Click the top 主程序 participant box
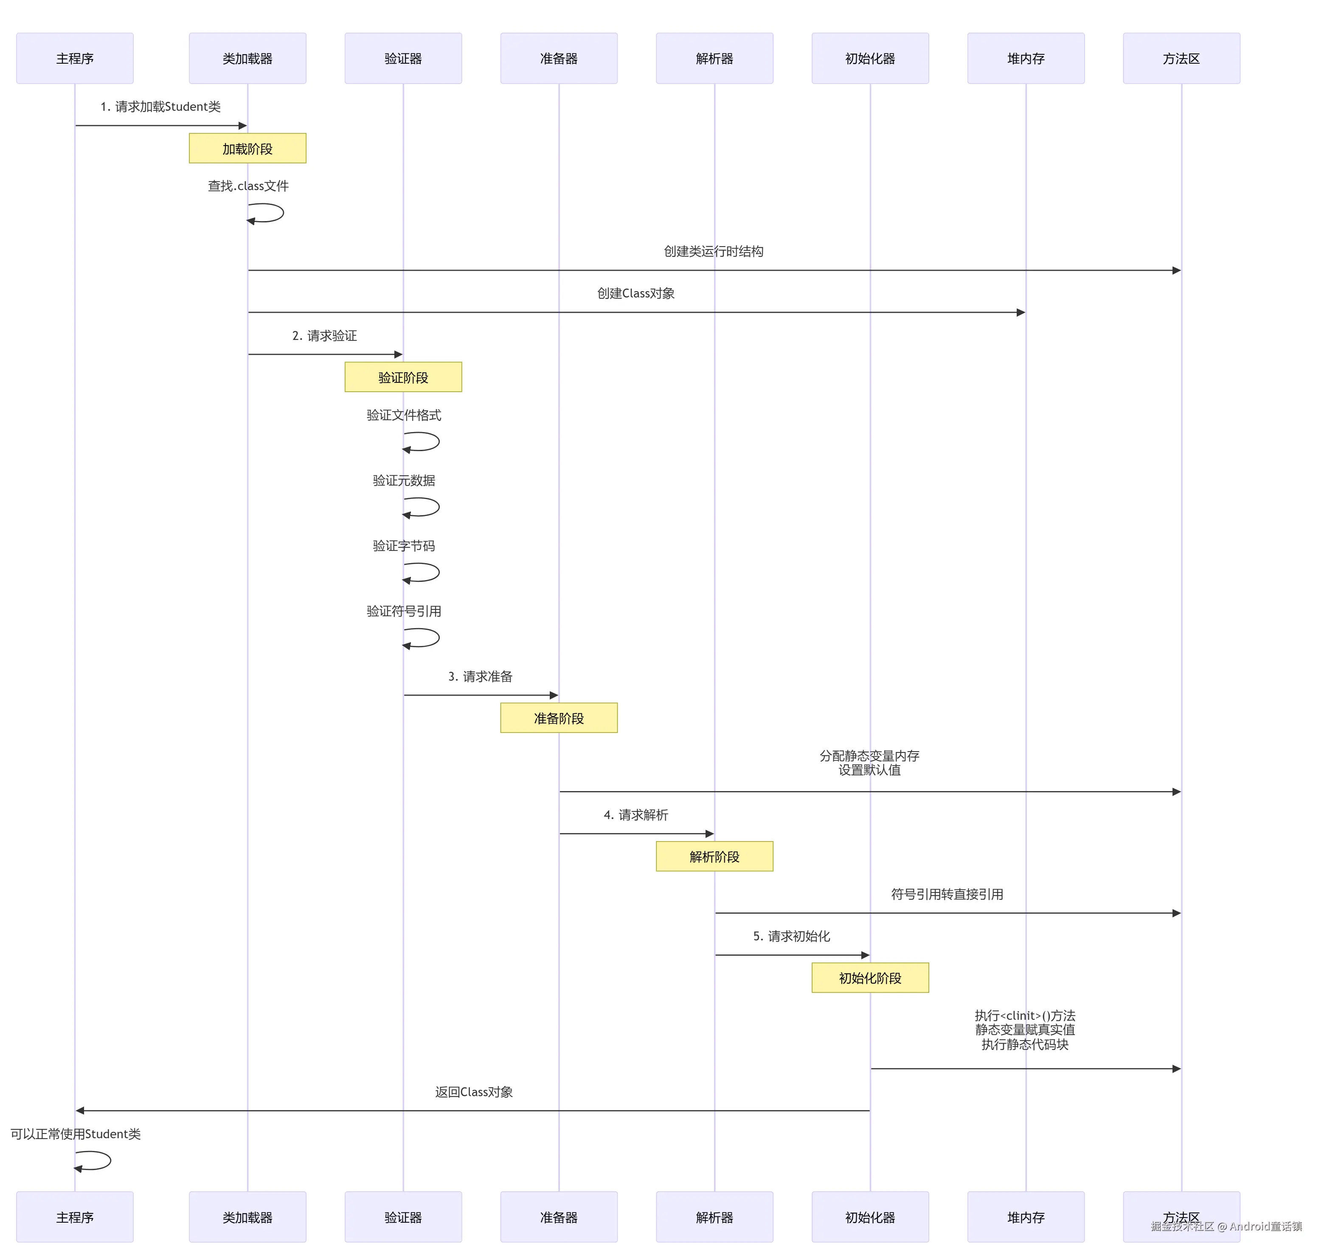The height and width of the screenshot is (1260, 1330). point(75,59)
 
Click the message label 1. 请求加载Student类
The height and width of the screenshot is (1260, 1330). point(160,107)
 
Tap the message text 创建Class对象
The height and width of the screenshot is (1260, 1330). point(635,294)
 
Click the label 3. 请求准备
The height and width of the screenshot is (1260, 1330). point(480,676)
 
